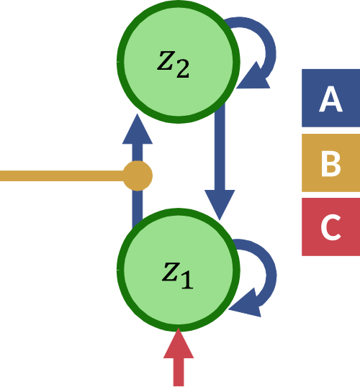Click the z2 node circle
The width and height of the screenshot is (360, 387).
[x=178, y=62]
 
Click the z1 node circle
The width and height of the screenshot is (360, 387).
[x=178, y=270]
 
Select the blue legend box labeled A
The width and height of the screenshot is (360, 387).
[x=331, y=98]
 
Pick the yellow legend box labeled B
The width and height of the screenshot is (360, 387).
[x=331, y=163]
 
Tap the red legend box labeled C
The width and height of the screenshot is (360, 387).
[x=331, y=227]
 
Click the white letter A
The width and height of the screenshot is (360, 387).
[x=331, y=99]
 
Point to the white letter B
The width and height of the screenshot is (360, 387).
[x=331, y=163]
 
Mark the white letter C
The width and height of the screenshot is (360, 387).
[x=331, y=227]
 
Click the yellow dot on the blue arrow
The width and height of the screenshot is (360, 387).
[x=138, y=176]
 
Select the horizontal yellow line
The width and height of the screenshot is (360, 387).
[x=62, y=176]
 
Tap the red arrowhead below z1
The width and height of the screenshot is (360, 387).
[x=179, y=343]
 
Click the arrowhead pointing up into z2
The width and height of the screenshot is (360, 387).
[x=138, y=129]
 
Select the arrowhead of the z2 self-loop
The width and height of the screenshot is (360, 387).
[x=253, y=76]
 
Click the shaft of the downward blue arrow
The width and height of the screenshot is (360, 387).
[x=220, y=147]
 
